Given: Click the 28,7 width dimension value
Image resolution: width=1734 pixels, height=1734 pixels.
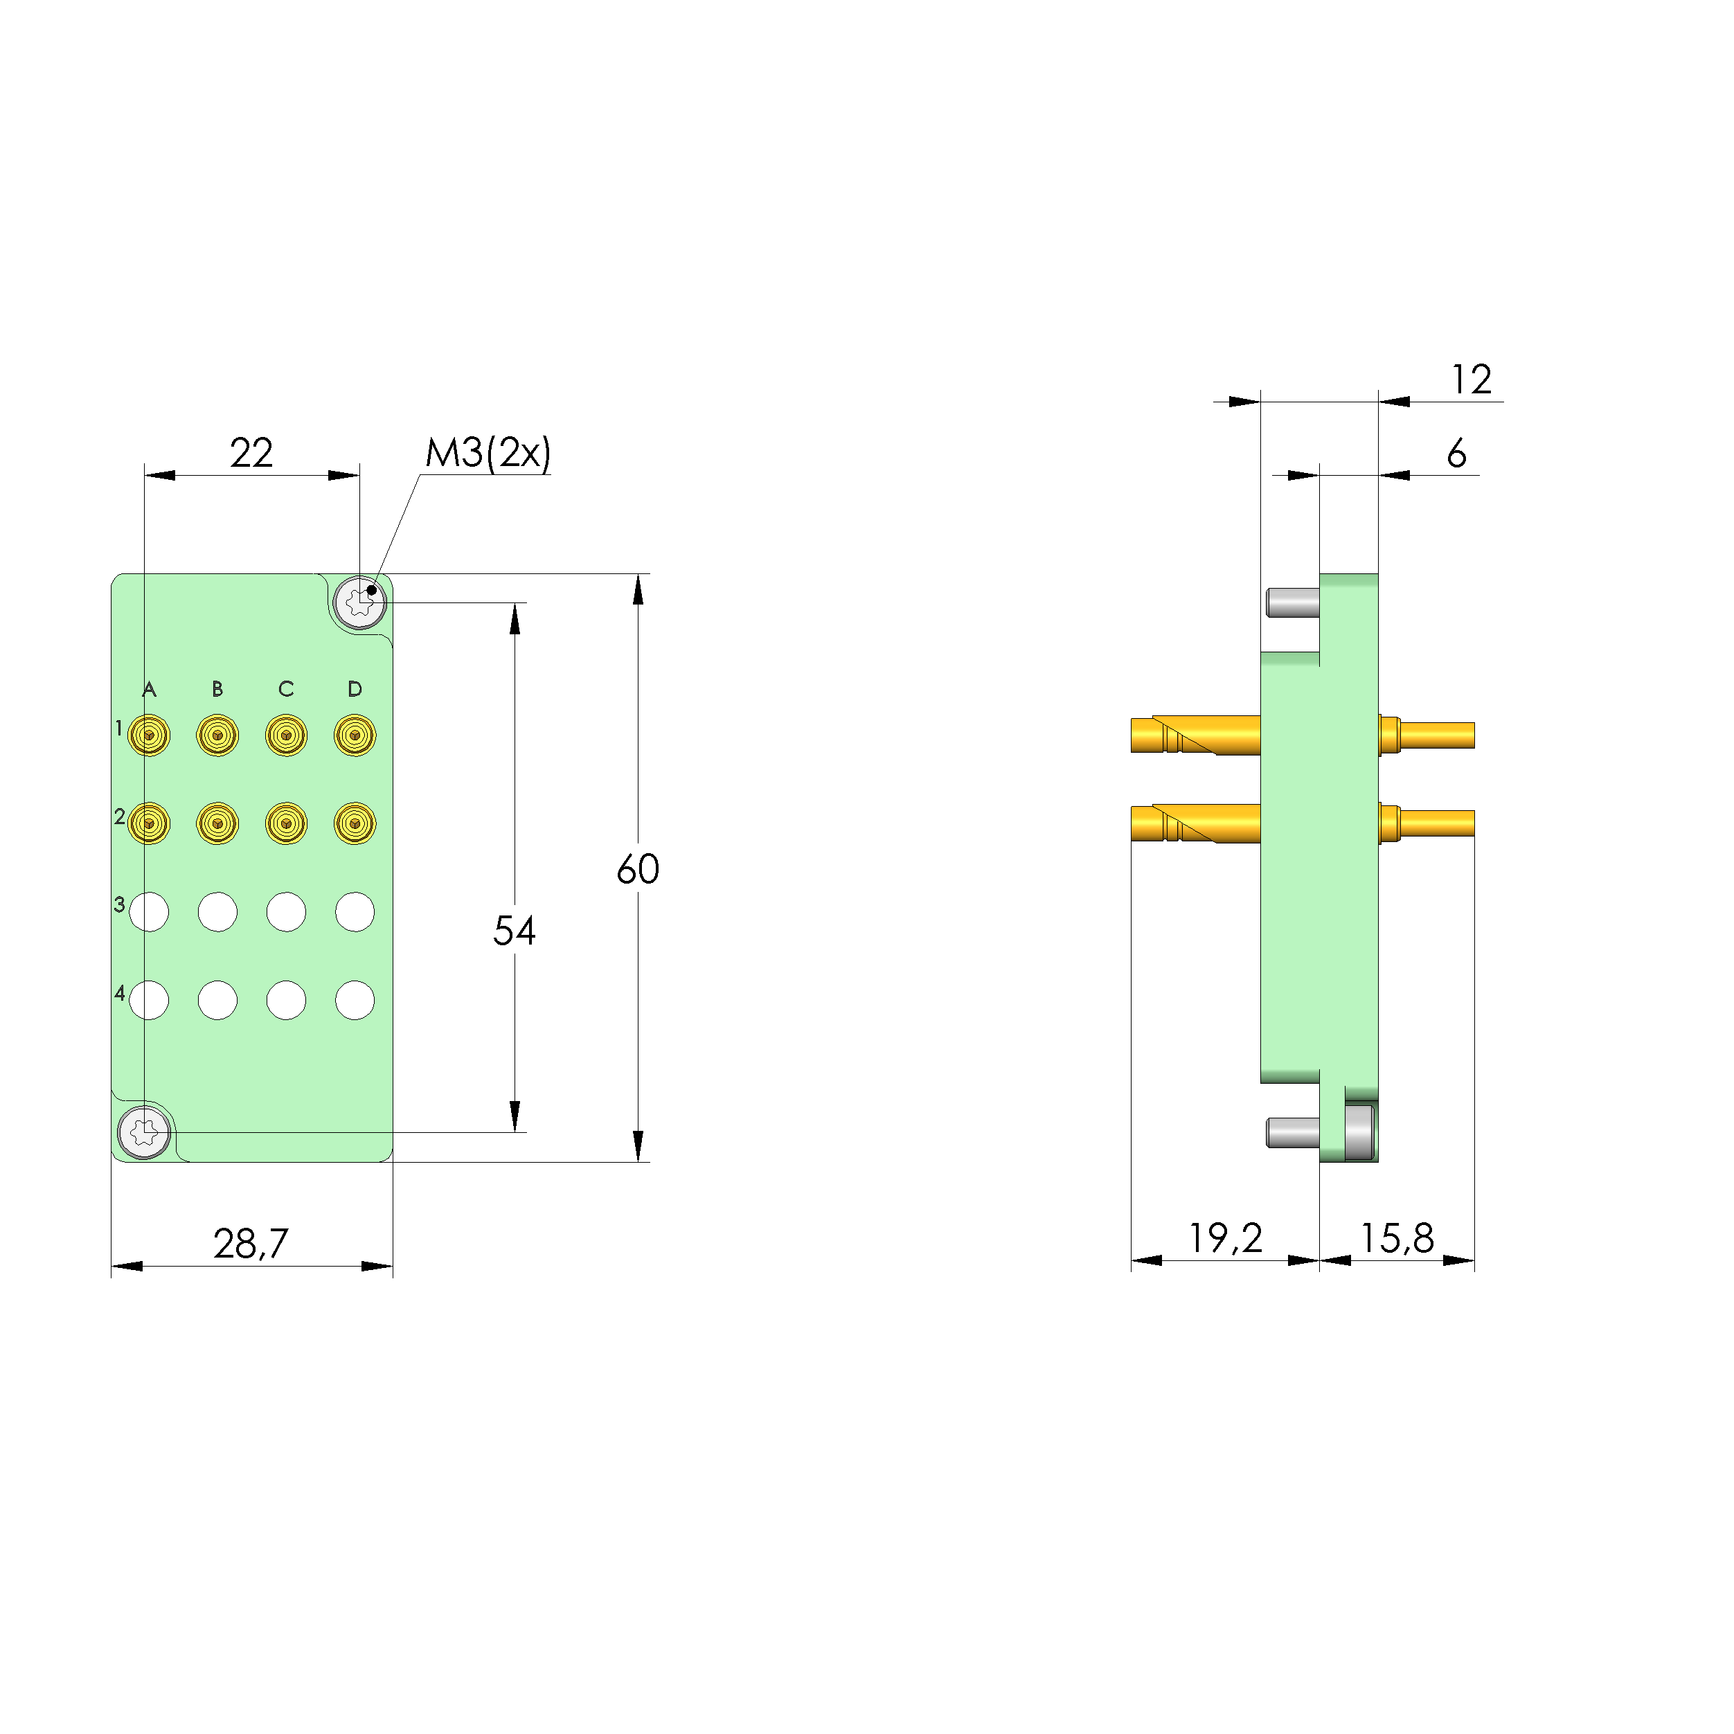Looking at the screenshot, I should click(251, 1243).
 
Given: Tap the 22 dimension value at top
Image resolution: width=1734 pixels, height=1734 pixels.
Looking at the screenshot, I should click(251, 452).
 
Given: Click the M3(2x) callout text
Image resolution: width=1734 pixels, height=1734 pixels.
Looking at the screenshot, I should click(488, 452).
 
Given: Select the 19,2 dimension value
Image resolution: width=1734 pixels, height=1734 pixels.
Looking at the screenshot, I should click(1225, 1239).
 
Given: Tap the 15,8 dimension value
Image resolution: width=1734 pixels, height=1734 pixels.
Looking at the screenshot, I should click(1397, 1239).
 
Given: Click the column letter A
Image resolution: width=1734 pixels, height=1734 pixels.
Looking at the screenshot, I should click(149, 689).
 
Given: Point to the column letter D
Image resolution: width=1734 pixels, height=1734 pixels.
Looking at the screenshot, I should click(355, 689).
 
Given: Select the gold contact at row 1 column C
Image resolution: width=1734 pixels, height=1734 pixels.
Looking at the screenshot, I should click(286, 735).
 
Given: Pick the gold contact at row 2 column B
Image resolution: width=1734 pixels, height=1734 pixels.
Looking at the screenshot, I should click(217, 822).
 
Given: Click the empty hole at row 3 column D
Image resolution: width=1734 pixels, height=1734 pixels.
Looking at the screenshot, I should click(355, 912).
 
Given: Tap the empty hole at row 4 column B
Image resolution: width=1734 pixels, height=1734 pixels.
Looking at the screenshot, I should click(217, 1000).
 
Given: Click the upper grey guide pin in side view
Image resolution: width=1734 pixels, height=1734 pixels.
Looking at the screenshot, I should click(1292, 602).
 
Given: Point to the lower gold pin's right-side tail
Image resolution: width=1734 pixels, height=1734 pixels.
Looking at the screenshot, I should click(1436, 823).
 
